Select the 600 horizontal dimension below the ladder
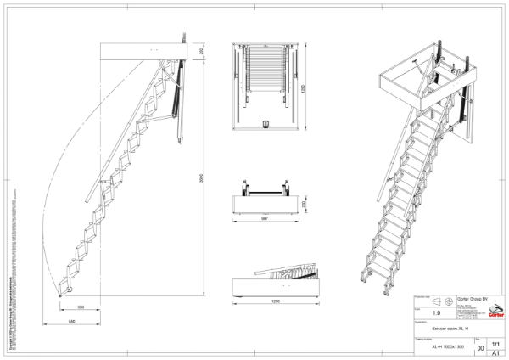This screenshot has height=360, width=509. point(81,307)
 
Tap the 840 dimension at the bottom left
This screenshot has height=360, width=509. point(74,323)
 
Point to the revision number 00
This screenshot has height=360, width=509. point(481,348)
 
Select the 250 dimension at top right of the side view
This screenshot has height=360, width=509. point(199,52)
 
